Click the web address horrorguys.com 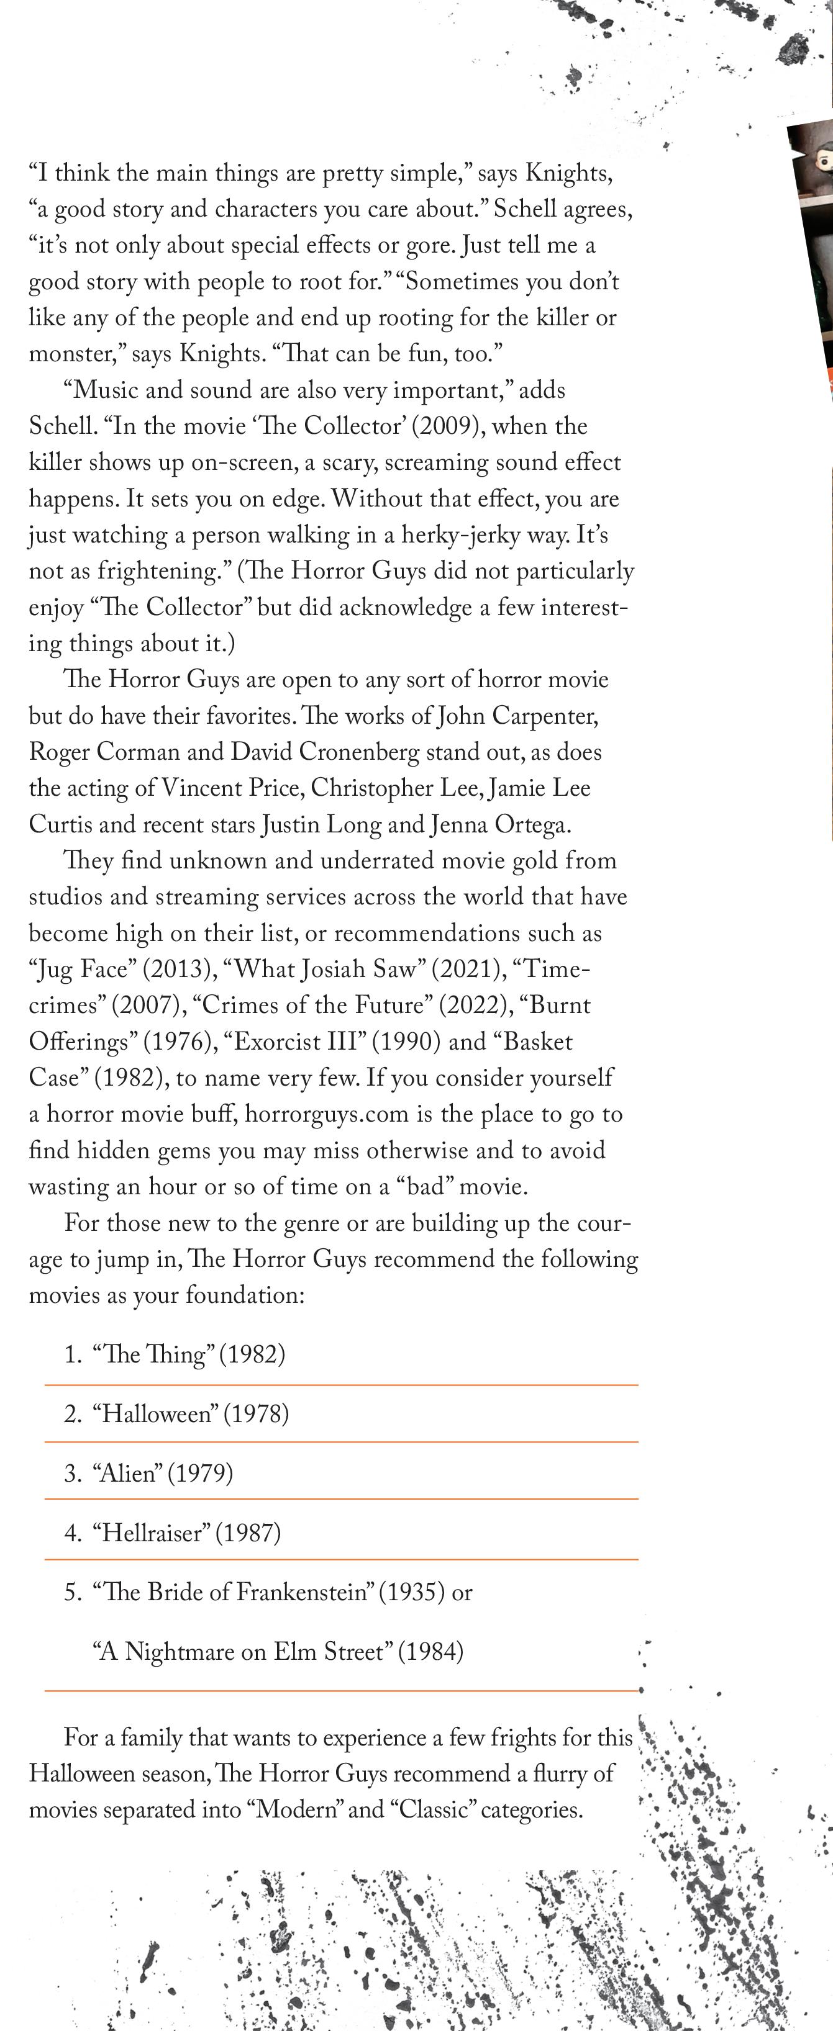[327, 1114]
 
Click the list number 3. [73, 1473]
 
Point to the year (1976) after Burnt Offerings [180, 1042]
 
